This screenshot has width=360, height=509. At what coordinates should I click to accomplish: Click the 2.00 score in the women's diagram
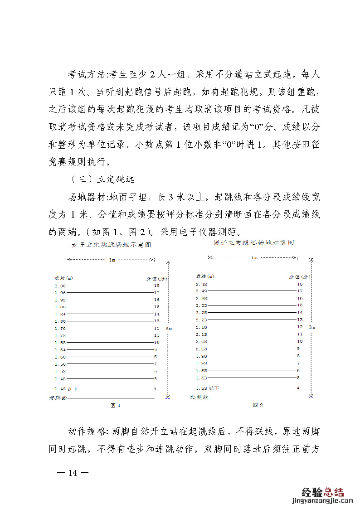(60, 286)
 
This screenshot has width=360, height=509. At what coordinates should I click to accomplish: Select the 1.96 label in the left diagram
(60, 293)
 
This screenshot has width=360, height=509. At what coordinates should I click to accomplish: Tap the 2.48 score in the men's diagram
(201, 284)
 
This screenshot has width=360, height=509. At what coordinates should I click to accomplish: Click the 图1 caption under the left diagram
(116, 405)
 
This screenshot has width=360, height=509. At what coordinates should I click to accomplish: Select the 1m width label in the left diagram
(112, 260)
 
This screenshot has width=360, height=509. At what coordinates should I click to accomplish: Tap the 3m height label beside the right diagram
(311, 327)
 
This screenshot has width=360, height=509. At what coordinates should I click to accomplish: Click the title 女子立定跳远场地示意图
(112, 244)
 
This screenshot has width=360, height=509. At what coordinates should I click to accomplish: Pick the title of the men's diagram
(253, 242)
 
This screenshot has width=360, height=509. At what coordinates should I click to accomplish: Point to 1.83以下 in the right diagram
(208, 388)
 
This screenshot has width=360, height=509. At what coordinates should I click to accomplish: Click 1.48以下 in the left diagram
(66, 388)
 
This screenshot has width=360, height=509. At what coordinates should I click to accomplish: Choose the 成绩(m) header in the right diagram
(204, 276)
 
